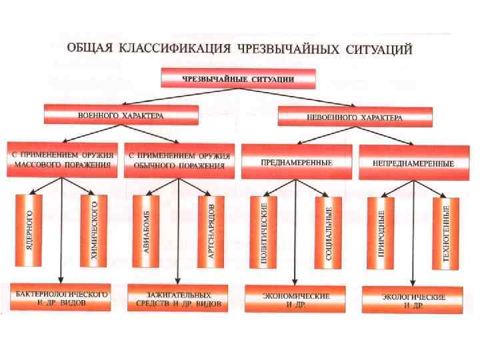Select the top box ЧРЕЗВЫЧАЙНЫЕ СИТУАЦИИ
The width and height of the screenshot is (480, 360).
click(239, 78)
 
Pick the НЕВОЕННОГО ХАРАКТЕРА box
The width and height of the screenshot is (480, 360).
click(355, 117)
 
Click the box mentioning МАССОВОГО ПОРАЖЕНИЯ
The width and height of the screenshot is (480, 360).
click(63, 159)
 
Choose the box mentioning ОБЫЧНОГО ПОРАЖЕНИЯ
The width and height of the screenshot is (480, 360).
click(179, 160)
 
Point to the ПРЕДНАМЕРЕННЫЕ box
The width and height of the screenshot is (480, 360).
click(297, 161)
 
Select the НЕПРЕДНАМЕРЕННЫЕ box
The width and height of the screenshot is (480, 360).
click(414, 163)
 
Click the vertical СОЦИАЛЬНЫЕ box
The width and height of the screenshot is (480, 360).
click(328, 233)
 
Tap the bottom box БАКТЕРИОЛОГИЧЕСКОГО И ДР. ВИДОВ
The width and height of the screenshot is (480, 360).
click(61, 298)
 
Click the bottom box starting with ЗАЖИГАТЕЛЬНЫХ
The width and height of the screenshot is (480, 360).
click(178, 299)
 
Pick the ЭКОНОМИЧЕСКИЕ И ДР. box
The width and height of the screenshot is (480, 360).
click(295, 299)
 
